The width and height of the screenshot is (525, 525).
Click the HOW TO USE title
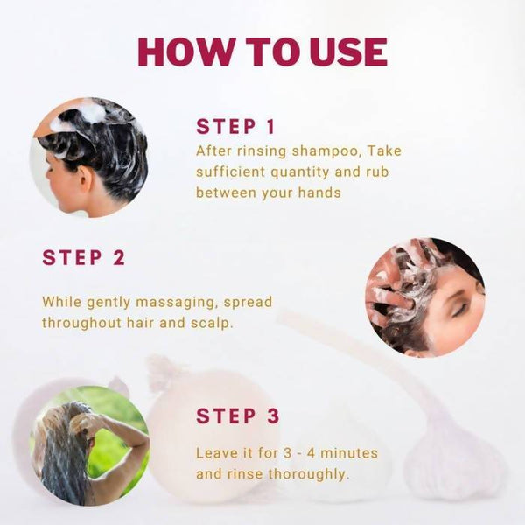point(262,52)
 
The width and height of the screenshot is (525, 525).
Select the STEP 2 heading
point(84,258)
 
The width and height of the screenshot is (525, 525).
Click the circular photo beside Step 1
point(89,157)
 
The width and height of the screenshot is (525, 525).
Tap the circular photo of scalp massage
point(424,297)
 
